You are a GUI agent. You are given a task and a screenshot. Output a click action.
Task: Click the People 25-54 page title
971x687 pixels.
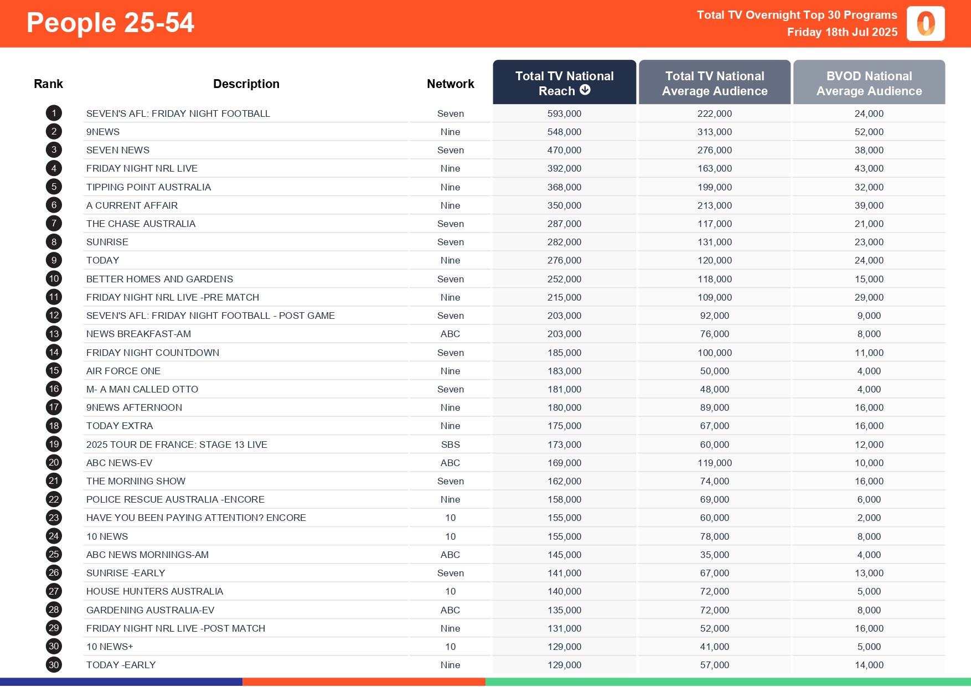pos(110,23)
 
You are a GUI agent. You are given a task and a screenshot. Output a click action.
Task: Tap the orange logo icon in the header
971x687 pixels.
pos(925,24)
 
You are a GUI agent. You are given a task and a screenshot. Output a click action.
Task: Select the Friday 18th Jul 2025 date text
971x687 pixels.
pos(842,32)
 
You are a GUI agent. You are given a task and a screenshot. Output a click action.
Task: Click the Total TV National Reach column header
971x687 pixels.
pos(564,83)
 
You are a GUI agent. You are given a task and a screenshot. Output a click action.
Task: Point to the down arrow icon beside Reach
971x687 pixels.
pos(585,90)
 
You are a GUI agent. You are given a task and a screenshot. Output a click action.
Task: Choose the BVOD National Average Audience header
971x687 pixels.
pos(869,83)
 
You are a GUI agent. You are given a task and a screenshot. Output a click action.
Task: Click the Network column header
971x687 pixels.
pos(450,84)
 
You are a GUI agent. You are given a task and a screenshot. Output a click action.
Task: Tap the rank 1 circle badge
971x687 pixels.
pos(54,113)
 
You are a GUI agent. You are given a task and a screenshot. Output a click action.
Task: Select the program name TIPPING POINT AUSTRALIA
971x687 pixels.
pos(148,187)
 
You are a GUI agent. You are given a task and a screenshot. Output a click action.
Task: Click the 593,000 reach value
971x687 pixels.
pos(564,113)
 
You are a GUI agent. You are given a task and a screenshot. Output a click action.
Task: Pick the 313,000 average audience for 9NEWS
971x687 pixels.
pos(714,132)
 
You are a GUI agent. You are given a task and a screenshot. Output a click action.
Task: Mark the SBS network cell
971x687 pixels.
pos(450,445)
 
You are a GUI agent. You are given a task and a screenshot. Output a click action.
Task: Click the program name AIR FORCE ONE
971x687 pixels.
pos(123,371)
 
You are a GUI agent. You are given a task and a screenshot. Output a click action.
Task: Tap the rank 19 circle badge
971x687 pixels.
pos(54,445)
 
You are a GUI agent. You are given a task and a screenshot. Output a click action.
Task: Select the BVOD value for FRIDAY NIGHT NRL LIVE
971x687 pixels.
pos(869,168)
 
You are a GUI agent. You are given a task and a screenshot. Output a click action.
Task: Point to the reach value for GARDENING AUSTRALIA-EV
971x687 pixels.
pos(564,610)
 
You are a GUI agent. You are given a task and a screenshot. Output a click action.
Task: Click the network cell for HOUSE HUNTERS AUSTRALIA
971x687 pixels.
pos(450,591)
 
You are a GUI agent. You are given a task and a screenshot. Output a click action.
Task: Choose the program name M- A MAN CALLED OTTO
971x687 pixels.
pos(142,389)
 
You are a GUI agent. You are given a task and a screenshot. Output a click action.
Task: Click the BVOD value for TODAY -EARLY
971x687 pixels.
pos(869,665)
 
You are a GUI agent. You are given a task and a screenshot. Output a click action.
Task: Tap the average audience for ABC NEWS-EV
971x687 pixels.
pos(714,463)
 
